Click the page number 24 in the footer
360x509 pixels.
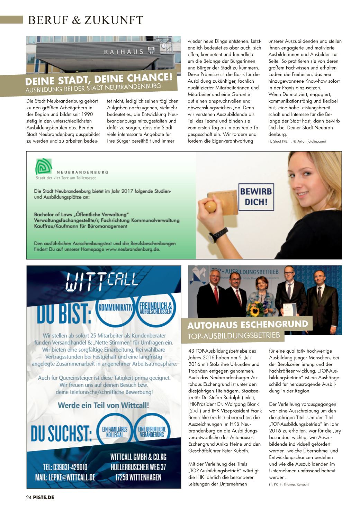pyautogui.click(x=29, y=498)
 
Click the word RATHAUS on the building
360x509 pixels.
pyautogui.click(x=124, y=52)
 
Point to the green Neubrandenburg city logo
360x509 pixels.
pyautogui.click(x=44, y=166)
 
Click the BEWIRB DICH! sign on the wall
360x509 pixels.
pyautogui.click(x=256, y=196)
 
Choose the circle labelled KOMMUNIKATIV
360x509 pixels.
pyautogui.click(x=116, y=307)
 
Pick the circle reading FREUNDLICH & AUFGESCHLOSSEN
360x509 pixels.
pyautogui.click(x=155, y=308)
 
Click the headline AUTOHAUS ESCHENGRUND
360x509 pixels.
pyautogui.click(x=247, y=325)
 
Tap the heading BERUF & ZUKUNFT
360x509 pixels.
pyautogui.click(x=85, y=20)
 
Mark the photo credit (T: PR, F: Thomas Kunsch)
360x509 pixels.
pyautogui.click(x=288, y=484)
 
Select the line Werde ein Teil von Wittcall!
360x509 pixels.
pyautogui.click(x=103, y=405)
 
